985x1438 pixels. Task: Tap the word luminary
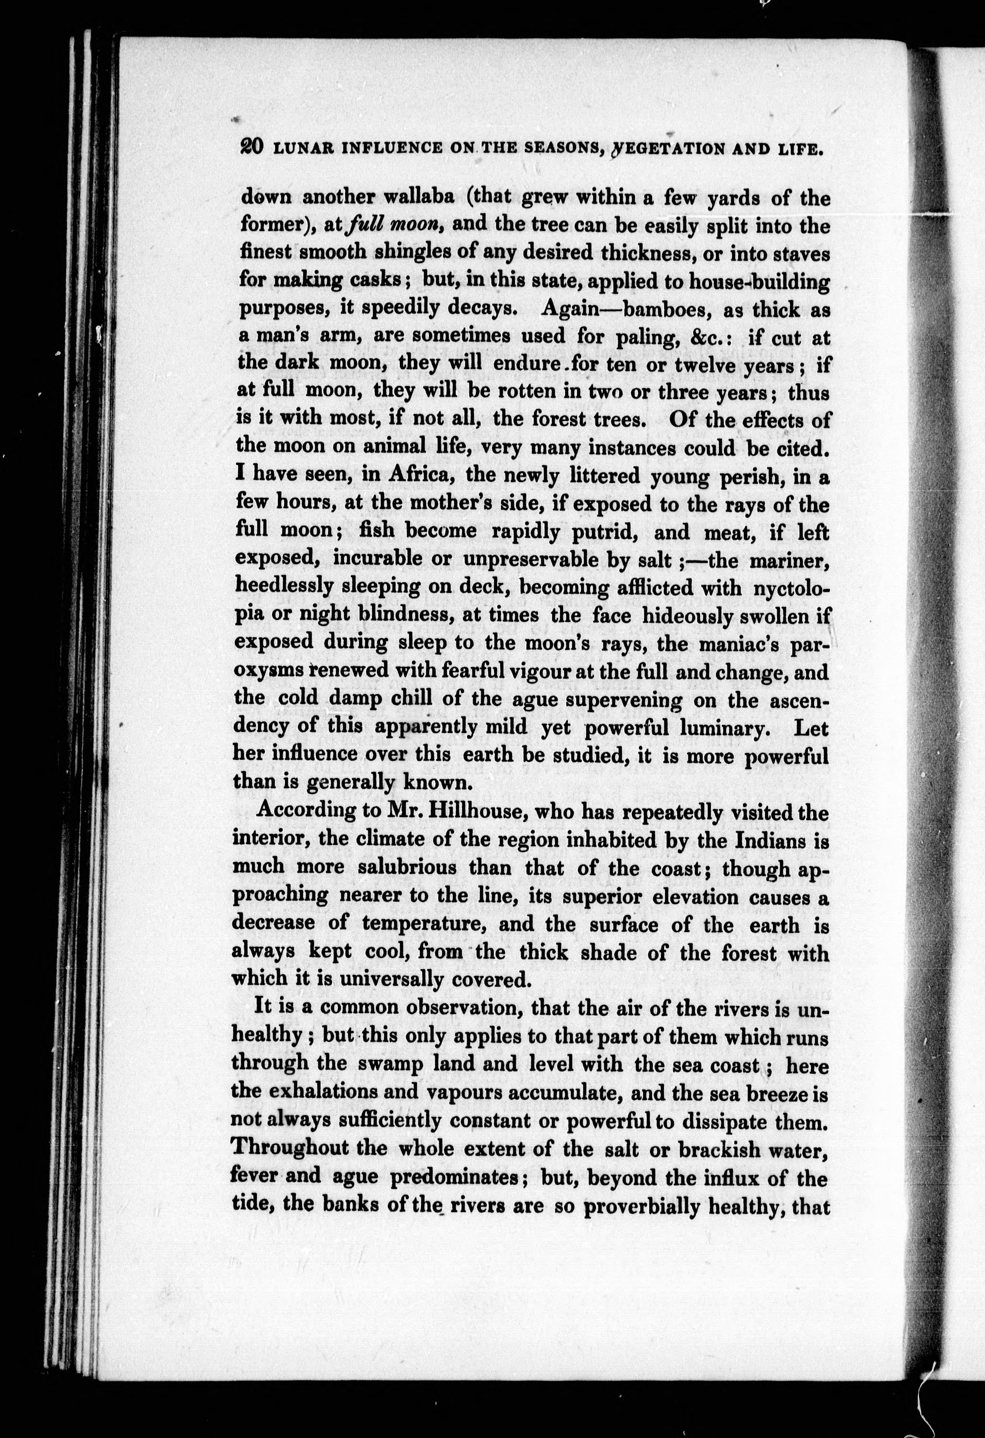[x=730, y=728]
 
